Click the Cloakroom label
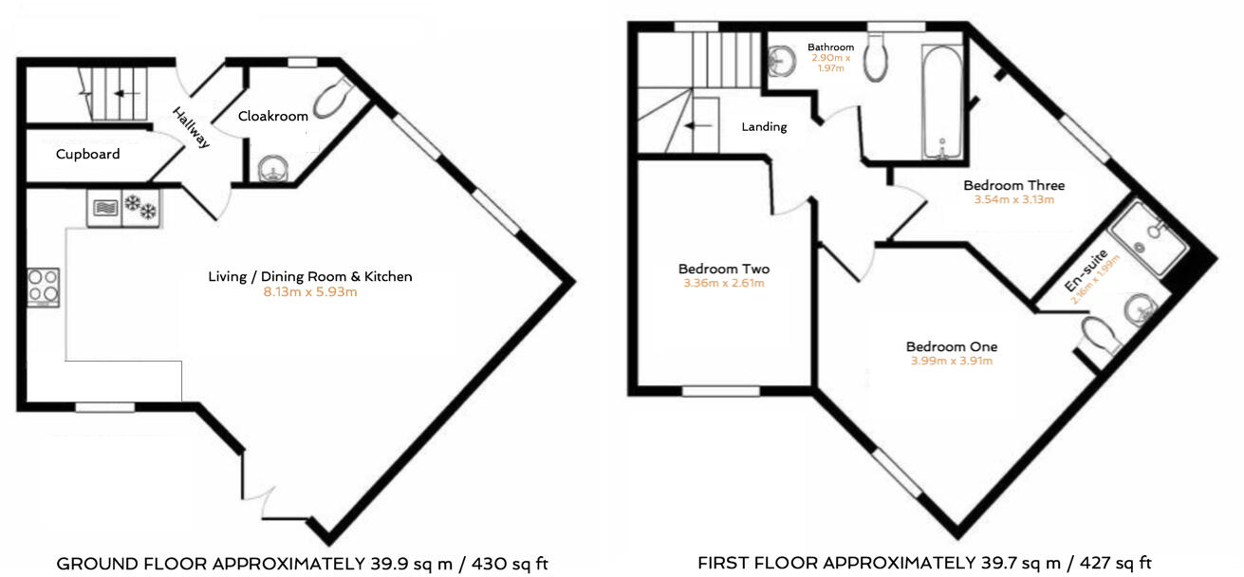point(272,117)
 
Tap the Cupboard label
point(87,154)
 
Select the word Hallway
point(191,127)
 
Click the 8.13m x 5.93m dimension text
point(309,292)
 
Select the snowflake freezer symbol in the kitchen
point(141,207)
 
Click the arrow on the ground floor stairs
point(121,94)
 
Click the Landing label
point(764,126)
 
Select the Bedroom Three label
point(1013,185)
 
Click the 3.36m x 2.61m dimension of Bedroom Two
point(723,283)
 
